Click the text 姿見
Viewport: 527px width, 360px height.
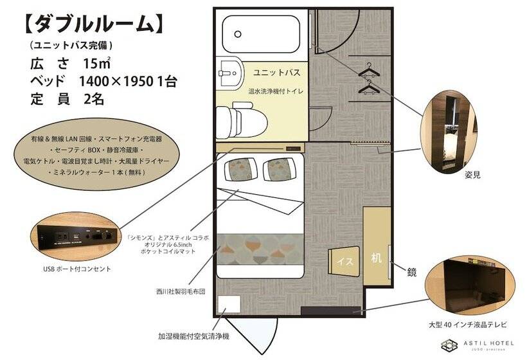point(473,174)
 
